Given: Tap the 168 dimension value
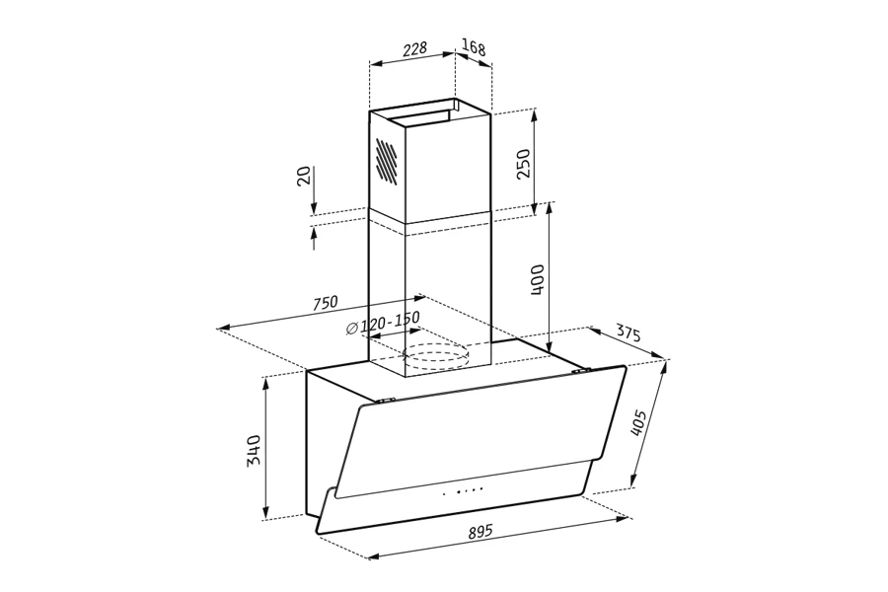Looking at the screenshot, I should pos(474,48).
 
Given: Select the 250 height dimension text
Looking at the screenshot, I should pos(524,162).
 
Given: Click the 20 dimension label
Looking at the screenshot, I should pos(305,176).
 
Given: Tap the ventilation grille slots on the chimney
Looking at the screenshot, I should pos(387,161).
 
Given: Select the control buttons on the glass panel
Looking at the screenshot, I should pos(463,490).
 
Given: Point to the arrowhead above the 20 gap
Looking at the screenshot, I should pos(313,208).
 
